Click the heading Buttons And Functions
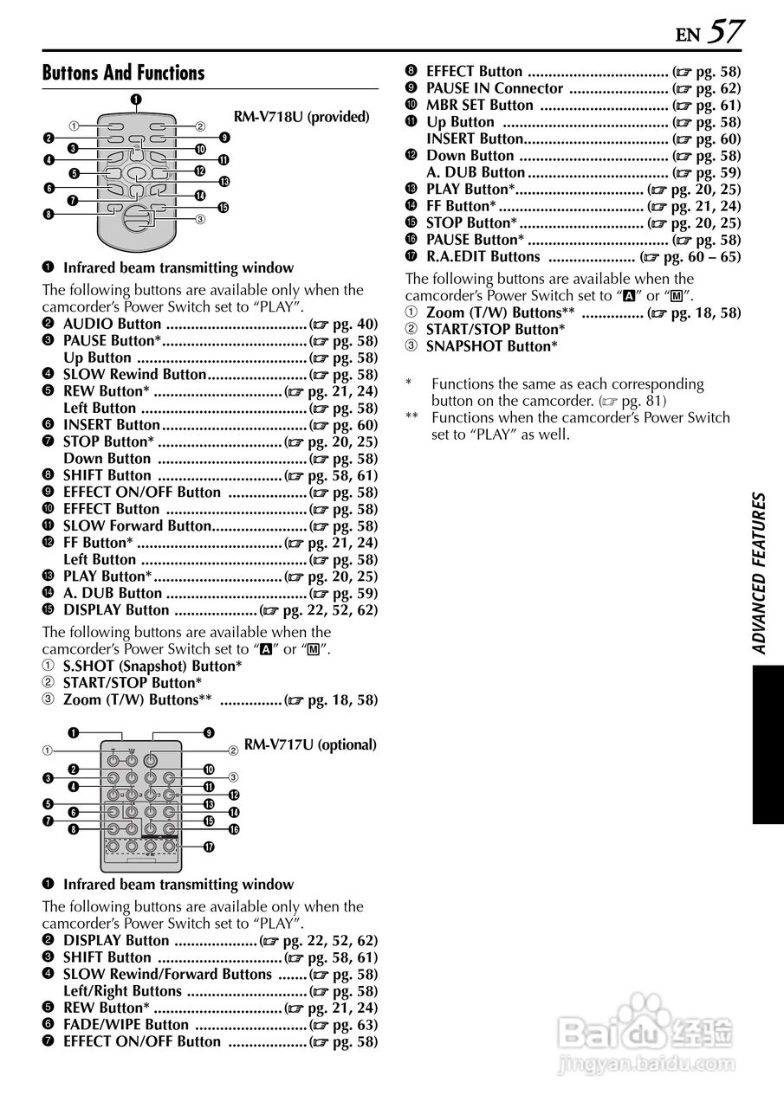click(124, 74)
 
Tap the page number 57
click(725, 32)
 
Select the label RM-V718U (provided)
click(301, 117)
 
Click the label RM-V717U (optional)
click(310, 744)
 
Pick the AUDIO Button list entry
click(113, 325)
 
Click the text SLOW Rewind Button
click(134, 375)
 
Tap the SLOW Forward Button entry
click(137, 526)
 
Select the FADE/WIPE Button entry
click(126, 1025)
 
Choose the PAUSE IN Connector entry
click(495, 88)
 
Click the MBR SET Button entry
click(480, 106)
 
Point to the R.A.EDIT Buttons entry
click(483, 256)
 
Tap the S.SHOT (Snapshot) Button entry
click(152, 666)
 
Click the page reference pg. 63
click(351, 1025)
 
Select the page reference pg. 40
click(351, 325)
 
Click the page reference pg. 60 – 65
click(702, 256)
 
